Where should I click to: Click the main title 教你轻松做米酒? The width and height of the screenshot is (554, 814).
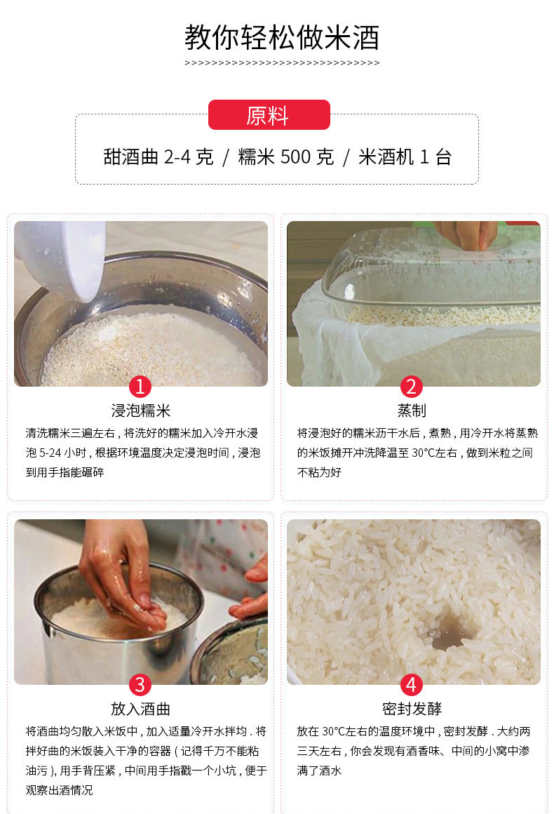tap(282, 37)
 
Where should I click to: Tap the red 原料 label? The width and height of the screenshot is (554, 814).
tap(269, 114)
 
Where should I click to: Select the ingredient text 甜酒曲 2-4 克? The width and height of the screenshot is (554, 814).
tap(158, 156)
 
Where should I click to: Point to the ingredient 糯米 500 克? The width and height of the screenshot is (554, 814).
tap(285, 156)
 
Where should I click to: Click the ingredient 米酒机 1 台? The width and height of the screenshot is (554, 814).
tap(405, 156)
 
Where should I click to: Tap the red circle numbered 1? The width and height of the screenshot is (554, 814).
tap(140, 386)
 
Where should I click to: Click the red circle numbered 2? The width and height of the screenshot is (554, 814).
tap(412, 386)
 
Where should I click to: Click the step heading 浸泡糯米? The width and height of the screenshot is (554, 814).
tap(140, 411)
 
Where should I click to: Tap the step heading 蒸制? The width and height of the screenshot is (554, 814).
tap(412, 411)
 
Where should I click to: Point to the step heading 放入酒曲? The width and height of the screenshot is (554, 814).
tap(140, 709)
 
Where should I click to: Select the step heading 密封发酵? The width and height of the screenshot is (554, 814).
tap(412, 709)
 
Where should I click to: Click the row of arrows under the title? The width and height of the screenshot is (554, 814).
tap(282, 63)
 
